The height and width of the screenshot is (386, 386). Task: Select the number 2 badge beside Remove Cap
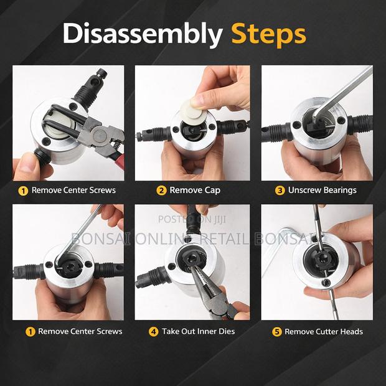pyautogui.click(x=161, y=190)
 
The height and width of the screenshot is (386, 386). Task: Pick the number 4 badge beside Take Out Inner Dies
pyautogui.click(x=153, y=331)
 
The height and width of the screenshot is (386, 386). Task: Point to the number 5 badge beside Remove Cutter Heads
pyautogui.click(x=276, y=331)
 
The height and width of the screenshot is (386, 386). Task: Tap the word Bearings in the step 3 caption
pyautogui.click(x=339, y=190)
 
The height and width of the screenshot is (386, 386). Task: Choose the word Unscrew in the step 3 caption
pyautogui.click(x=304, y=190)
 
